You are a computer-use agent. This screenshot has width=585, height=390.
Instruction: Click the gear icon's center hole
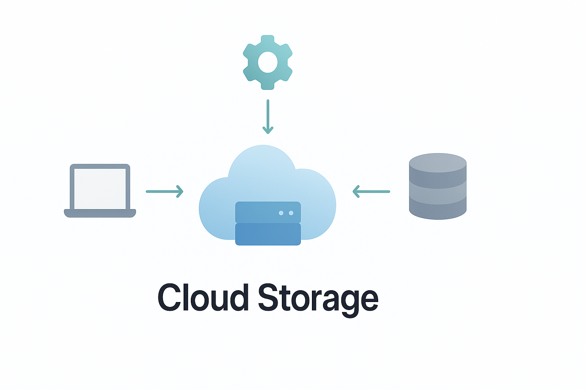(x=268, y=62)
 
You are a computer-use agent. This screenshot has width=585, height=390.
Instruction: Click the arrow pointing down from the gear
(x=268, y=114)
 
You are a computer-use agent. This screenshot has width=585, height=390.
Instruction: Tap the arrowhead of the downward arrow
(x=268, y=131)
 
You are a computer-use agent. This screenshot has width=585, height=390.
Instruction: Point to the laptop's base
(x=100, y=213)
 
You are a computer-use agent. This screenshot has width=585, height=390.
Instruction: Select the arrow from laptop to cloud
(x=164, y=191)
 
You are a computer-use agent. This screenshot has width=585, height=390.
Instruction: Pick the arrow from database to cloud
(x=372, y=191)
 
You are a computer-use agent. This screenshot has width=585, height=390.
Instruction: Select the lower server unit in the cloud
(x=268, y=234)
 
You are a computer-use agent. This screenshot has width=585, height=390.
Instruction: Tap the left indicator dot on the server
(x=281, y=213)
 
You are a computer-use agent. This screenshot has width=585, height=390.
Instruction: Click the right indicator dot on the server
(x=291, y=213)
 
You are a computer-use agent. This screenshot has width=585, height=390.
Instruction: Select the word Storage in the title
(x=318, y=298)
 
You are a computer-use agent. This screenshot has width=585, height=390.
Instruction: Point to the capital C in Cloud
(x=169, y=297)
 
